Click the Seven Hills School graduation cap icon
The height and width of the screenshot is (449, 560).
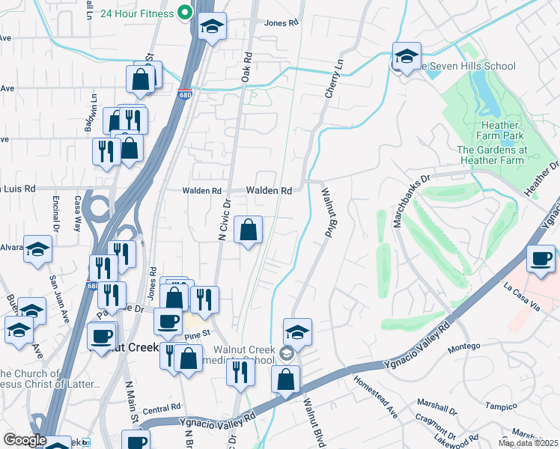407,56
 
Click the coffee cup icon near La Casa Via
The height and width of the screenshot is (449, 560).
541,259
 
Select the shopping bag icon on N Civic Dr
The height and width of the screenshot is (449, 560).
248,230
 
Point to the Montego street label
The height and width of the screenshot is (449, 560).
463,348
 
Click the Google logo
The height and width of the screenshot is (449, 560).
25,440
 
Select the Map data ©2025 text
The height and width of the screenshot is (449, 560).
528,443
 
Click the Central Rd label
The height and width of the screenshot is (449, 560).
162,409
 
